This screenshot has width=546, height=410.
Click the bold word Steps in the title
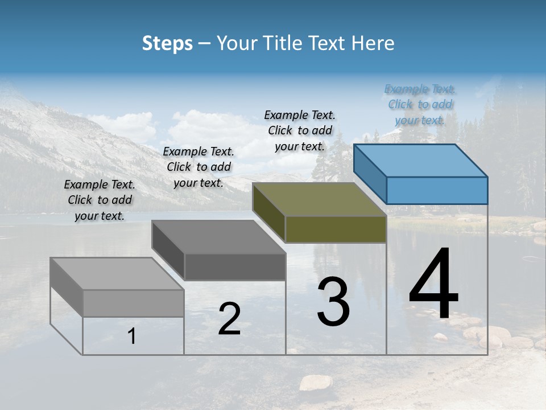click(x=167, y=43)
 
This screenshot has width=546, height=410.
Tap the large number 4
click(x=433, y=285)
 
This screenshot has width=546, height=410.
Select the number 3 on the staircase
click(x=333, y=302)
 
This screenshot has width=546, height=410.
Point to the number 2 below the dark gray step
click(x=229, y=319)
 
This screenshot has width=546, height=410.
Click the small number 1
click(x=131, y=337)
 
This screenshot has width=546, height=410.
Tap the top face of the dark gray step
click(x=219, y=237)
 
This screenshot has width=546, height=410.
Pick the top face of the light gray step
click(x=117, y=274)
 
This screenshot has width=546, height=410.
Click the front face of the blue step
click(x=437, y=190)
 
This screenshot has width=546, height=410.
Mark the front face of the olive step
click(x=336, y=229)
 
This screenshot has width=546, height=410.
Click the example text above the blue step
click(x=420, y=105)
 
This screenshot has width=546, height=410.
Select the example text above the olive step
click(x=300, y=130)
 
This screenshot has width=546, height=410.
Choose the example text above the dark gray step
click(x=198, y=167)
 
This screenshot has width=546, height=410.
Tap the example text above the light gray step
click(x=100, y=200)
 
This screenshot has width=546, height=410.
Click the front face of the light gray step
click(x=133, y=303)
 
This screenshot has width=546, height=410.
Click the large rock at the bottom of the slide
click(x=316, y=382)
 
